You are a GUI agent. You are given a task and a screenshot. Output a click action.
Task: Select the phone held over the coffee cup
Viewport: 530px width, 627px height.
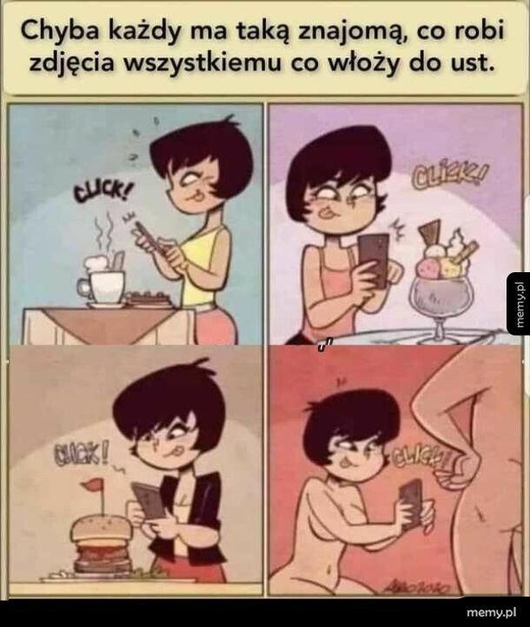point(148,237)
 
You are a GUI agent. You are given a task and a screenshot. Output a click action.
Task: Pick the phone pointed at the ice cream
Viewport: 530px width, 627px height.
point(374,257)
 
